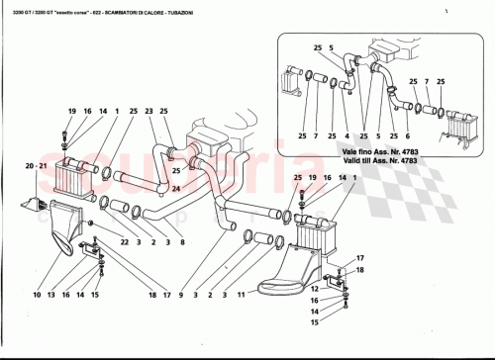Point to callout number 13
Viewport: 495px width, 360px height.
coord(66,294)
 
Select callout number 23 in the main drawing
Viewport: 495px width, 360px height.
coord(149,111)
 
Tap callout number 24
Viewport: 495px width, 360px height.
coord(174,188)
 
